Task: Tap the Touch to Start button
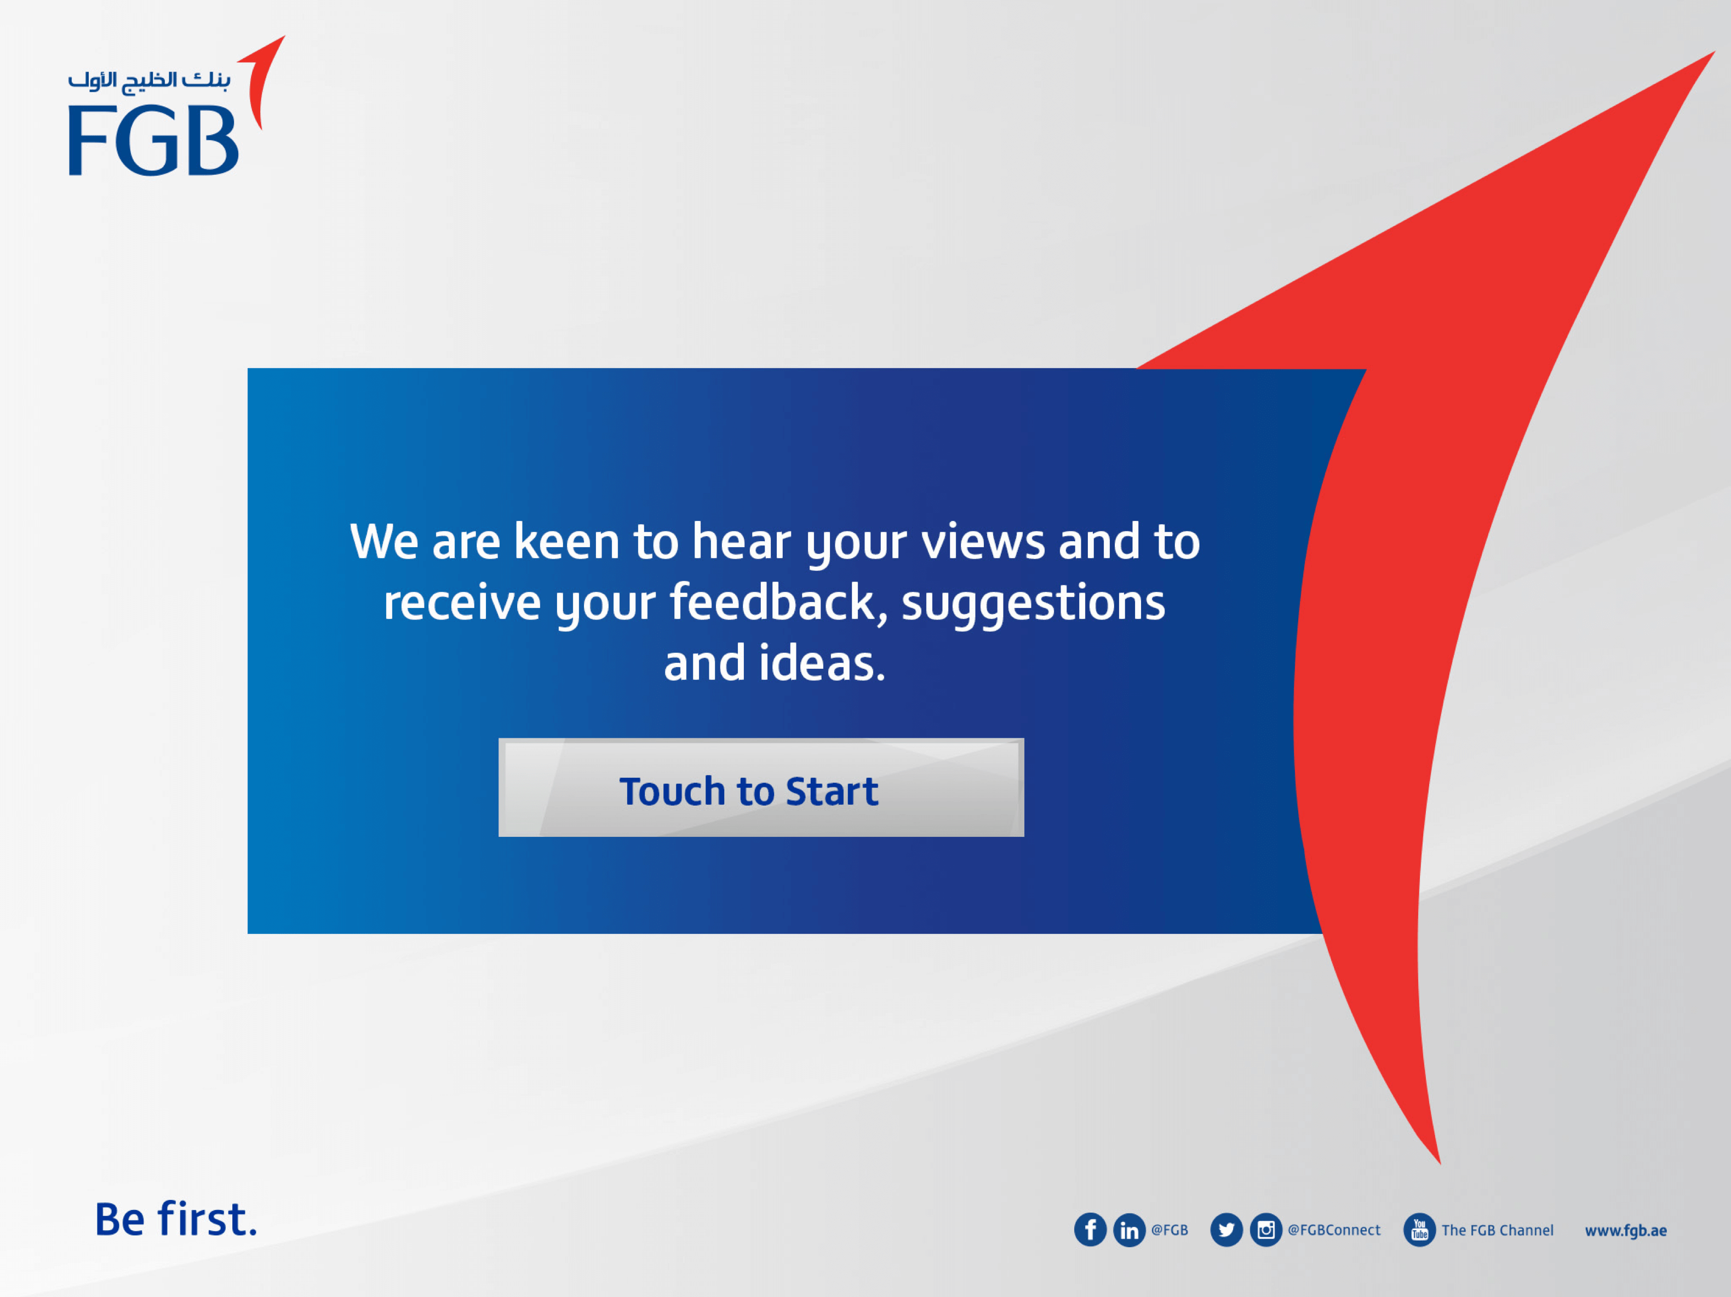(761, 787)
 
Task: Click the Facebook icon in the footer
(1090, 1230)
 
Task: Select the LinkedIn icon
(1129, 1230)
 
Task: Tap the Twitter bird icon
(1226, 1230)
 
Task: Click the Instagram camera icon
(1265, 1230)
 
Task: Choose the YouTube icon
(1419, 1230)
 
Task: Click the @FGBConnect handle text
(1334, 1230)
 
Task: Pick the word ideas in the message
(822, 663)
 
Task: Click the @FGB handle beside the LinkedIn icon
(1169, 1230)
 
